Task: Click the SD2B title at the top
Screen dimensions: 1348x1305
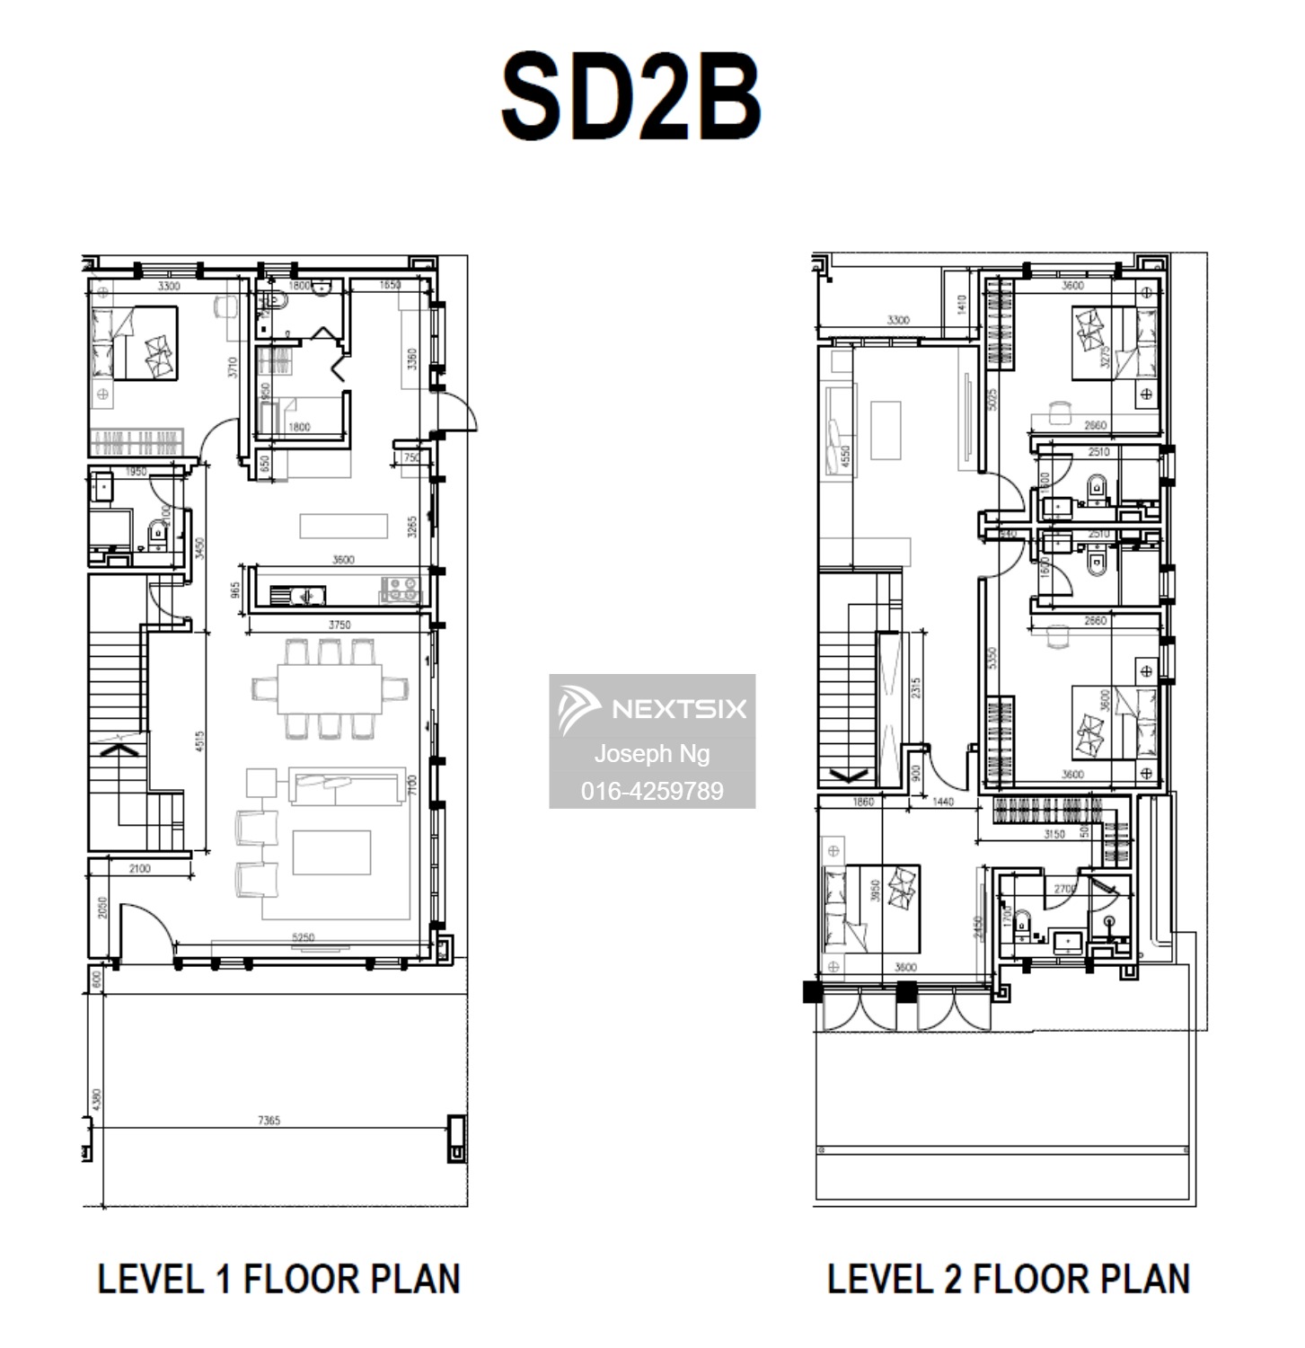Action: coord(630,97)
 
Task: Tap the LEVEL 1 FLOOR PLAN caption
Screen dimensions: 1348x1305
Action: coord(278,1279)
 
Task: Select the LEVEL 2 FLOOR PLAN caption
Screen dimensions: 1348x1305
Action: coord(1009,1279)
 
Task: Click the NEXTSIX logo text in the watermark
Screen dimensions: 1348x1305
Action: coord(678,709)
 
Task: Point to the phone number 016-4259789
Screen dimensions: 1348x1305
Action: coord(652,791)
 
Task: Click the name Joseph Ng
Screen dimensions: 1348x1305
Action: coord(652,753)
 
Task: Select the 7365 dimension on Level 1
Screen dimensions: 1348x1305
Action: coord(269,1120)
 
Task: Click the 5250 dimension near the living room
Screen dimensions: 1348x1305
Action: coord(303,937)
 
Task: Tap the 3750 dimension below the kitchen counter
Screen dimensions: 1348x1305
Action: coord(339,625)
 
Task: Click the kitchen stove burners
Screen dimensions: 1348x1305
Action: coord(400,590)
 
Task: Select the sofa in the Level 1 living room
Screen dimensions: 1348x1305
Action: coord(346,787)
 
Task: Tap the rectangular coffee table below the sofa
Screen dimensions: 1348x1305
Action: coord(331,853)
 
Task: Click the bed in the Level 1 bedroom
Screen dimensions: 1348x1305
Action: coord(135,343)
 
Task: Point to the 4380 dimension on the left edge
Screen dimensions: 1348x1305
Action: coord(97,1098)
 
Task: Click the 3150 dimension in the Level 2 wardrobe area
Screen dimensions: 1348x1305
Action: coord(1054,834)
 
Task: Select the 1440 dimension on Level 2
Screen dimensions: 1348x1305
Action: coord(942,802)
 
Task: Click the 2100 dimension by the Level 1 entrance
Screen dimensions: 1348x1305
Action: coord(140,868)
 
